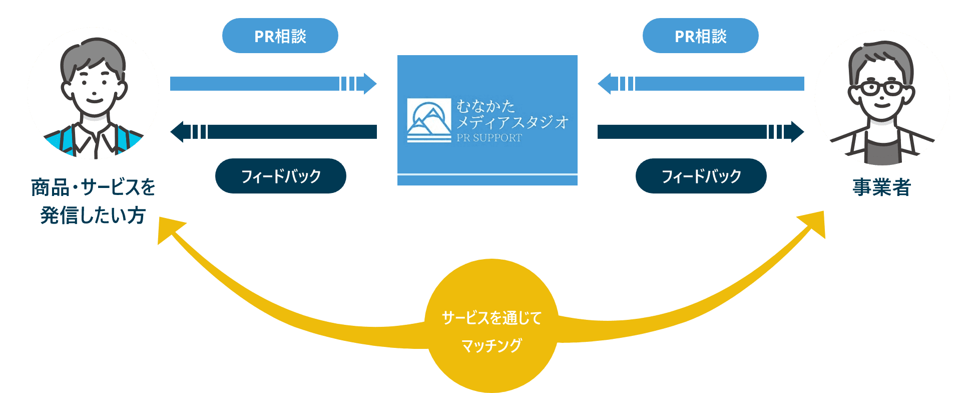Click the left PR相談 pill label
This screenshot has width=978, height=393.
click(x=280, y=36)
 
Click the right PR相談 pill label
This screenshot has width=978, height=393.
click(x=700, y=36)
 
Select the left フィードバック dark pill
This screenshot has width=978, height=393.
click(x=280, y=176)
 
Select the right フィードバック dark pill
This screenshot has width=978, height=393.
click(x=701, y=176)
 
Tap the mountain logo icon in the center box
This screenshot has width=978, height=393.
click(x=429, y=120)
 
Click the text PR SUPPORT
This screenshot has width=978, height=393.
click(x=489, y=138)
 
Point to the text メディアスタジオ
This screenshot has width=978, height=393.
click(x=512, y=122)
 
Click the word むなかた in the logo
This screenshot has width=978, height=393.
click(x=485, y=106)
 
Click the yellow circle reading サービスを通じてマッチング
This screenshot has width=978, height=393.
click(x=491, y=326)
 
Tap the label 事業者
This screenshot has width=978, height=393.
click(x=881, y=187)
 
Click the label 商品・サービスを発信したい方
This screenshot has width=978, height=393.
click(x=93, y=201)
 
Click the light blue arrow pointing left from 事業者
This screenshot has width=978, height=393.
click(x=701, y=84)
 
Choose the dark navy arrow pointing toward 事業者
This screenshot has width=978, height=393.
click(x=700, y=132)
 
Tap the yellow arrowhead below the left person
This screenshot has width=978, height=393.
click(x=169, y=231)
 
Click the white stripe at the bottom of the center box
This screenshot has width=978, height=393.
click(x=487, y=174)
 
